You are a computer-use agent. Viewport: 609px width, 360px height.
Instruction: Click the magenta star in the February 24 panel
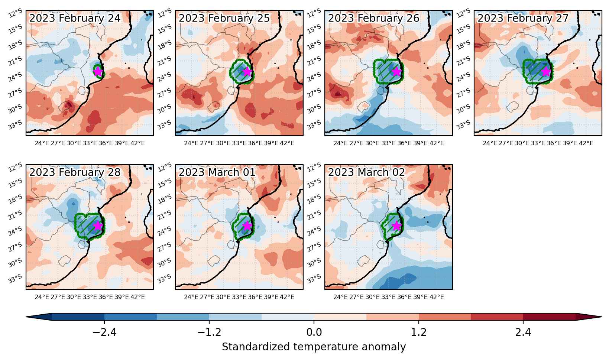(x=98, y=71)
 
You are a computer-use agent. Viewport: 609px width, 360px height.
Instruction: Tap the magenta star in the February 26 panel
(x=397, y=71)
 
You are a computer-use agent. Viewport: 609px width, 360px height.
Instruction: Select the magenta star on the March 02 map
(x=397, y=226)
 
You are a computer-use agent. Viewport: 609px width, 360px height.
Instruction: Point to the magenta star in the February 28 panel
(x=98, y=226)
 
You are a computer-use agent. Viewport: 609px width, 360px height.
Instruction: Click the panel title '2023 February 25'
(x=224, y=18)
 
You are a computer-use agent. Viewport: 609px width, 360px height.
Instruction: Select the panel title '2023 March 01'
(x=217, y=172)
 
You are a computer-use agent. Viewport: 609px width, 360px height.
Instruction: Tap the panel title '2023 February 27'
(x=523, y=18)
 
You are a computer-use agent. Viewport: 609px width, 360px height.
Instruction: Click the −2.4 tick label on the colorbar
(x=104, y=332)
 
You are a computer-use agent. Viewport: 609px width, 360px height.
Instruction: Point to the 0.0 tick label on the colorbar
(x=314, y=332)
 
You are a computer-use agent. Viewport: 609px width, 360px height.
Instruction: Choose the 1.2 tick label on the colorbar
(x=419, y=332)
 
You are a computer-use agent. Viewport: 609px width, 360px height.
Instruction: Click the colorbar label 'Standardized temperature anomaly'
(x=314, y=347)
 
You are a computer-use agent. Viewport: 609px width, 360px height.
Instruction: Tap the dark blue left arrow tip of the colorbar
(x=26, y=317)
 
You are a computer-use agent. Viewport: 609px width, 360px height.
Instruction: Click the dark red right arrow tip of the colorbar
(x=601, y=317)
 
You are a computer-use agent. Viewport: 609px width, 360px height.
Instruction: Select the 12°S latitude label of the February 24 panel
(x=15, y=13)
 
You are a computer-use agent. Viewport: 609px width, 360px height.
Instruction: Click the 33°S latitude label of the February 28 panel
(x=15, y=279)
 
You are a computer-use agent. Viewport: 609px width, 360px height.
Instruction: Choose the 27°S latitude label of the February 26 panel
(x=314, y=93)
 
